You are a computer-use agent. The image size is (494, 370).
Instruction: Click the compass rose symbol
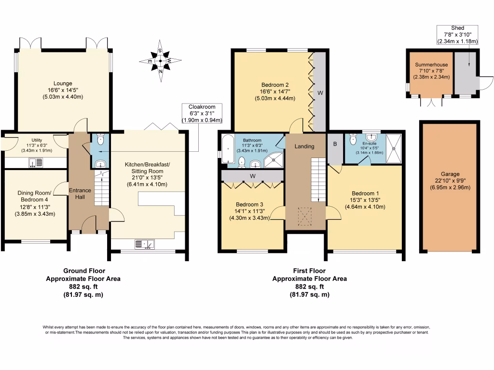(160, 61)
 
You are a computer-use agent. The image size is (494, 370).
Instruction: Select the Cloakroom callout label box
(202, 113)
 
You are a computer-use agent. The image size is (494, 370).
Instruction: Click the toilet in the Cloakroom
(100, 140)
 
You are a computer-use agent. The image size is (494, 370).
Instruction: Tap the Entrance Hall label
(80, 194)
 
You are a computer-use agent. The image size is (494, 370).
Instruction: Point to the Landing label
(304, 146)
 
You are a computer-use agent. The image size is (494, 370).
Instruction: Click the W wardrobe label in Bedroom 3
(252, 176)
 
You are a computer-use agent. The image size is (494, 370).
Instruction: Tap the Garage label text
(450, 181)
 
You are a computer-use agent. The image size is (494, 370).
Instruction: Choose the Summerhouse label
(429, 71)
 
